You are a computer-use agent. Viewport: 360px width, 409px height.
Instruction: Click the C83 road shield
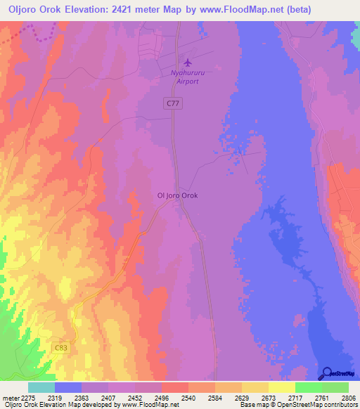(x=62, y=347)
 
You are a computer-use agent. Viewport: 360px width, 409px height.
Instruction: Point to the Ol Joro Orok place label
(x=176, y=197)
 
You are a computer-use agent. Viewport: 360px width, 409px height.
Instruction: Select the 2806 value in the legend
(x=349, y=397)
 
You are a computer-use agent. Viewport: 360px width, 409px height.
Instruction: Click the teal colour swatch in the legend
(x=41, y=387)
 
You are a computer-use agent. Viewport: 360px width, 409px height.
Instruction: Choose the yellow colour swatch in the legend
(x=281, y=387)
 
